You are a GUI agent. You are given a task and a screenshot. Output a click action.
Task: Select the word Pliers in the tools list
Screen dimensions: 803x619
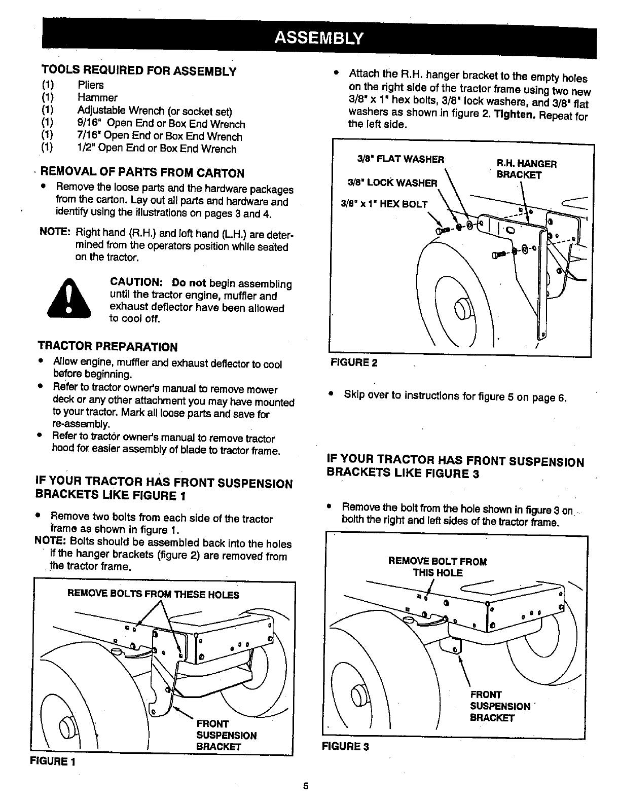[91, 85]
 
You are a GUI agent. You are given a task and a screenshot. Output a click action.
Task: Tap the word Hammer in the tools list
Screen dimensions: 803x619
[97, 98]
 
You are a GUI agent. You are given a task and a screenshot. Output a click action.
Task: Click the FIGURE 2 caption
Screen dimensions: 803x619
[354, 362]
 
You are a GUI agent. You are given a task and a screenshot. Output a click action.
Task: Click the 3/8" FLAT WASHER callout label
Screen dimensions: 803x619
[400, 159]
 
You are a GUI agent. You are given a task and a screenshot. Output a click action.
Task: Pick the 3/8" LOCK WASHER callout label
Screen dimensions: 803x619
[392, 182]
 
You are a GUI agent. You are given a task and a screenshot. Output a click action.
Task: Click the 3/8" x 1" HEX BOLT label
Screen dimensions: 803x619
[384, 204]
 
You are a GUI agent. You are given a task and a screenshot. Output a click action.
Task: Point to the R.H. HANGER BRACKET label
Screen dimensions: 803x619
[526, 169]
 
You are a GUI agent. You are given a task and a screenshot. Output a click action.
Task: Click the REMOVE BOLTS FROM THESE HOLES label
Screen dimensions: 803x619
[153, 594]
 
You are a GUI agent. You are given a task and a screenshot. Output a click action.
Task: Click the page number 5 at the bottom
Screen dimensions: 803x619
[306, 786]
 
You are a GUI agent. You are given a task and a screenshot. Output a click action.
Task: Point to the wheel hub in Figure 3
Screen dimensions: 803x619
[358, 693]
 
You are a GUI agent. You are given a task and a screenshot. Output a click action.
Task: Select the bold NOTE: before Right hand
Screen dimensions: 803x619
[55, 233]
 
